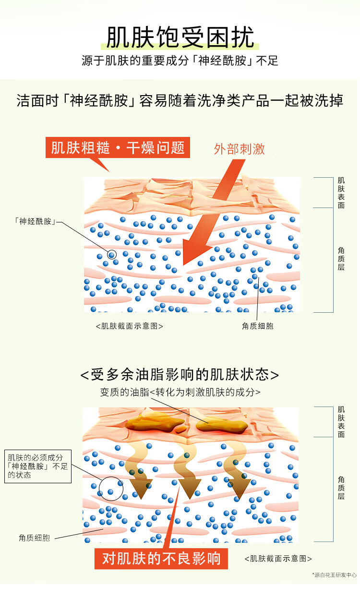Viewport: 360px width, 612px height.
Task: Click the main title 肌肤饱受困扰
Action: (180, 37)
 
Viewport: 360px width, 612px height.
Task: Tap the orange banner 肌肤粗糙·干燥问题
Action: (118, 147)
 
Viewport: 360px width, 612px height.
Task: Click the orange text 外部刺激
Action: (239, 149)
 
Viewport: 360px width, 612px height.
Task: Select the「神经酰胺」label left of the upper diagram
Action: (35, 221)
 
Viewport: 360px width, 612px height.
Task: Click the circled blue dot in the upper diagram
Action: (112, 254)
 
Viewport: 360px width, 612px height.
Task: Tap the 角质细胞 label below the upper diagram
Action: (257, 326)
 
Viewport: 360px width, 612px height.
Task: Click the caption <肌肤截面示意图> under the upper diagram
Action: (130, 326)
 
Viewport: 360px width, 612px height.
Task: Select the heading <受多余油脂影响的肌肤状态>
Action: (180, 375)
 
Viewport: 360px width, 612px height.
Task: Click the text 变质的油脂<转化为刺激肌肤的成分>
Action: (180, 392)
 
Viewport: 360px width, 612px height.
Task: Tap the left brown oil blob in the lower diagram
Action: (155, 424)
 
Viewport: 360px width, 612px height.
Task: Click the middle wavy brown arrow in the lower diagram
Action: (186, 471)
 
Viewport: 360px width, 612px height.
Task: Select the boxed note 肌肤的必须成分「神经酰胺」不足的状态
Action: (38, 466)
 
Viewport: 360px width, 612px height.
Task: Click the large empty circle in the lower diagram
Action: (111, 489)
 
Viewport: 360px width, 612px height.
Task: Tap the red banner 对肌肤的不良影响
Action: (161, 558)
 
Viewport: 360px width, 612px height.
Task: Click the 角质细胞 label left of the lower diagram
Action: (35, 538)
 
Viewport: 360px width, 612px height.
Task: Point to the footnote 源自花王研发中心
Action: (335, 575)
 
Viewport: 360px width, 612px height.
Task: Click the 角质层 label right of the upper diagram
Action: (341, 258)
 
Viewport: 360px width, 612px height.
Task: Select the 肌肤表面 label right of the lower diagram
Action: (341, 422)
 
